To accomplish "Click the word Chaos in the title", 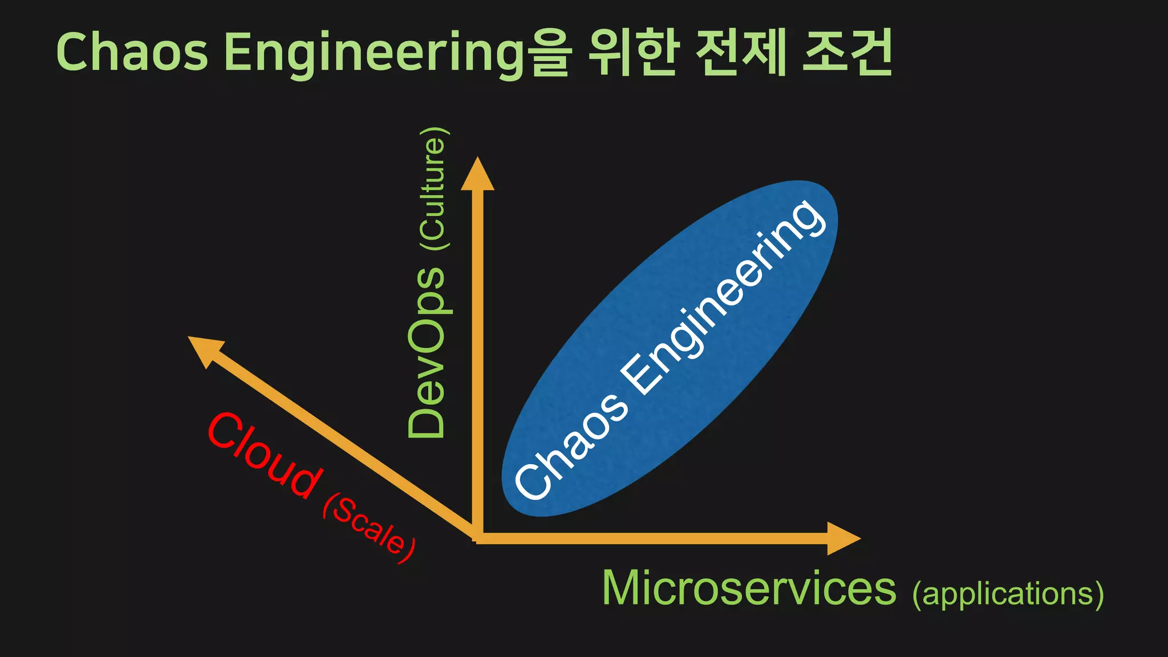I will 132,52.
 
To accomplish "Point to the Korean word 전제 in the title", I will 741,52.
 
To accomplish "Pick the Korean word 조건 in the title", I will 847,52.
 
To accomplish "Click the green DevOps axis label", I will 427,352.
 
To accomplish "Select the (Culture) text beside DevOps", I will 433,189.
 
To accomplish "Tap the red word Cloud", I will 263,455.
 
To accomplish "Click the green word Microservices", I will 749,589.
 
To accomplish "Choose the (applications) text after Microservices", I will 1008,594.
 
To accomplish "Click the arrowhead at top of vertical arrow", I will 477,175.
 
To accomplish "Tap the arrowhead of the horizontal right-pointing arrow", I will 842,538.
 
